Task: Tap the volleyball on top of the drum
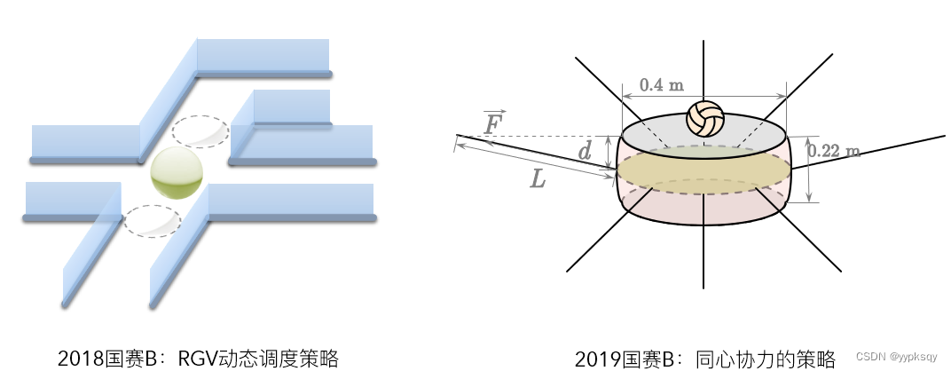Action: tap(705, 119)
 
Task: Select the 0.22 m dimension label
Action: tap(834, 151)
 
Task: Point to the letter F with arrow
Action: tap(493, 123)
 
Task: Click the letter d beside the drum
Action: tap(585, 152)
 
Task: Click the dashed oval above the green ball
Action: tap(200, 131)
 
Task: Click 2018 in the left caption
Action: tap(76, 359)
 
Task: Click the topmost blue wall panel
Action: tap(262, 55)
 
